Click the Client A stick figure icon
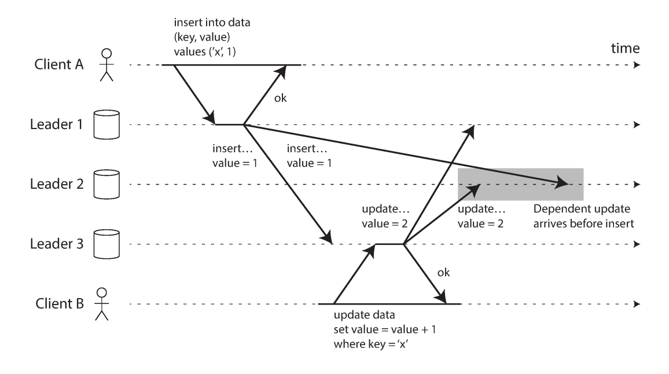tap(105, 65)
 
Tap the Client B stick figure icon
tap(102, 304)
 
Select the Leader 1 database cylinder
tap(106, 124)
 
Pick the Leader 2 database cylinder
tap(106, 184)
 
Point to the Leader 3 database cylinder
tap(106, 244)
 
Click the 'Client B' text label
tap(58, 305)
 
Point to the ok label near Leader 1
tap(280, 98)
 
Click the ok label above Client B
tap(442, 272)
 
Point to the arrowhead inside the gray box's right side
tap(563, 184)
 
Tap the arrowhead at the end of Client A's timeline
tap(637, 65)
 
